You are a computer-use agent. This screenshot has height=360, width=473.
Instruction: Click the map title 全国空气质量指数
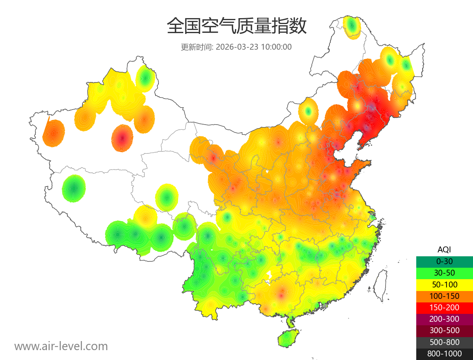(236, 26)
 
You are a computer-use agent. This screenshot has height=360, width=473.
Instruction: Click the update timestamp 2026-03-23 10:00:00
(236, 47)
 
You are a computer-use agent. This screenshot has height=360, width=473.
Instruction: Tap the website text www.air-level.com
(61, 346)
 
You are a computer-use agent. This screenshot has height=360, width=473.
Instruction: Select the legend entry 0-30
(444, 261)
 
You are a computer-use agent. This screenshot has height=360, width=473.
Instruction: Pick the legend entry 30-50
(444, 273)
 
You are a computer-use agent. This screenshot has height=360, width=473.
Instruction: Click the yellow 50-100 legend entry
(444, 284)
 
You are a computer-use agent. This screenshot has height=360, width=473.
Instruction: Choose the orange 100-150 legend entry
(444, 296)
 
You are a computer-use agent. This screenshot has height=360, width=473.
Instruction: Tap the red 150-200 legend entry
(444, 308)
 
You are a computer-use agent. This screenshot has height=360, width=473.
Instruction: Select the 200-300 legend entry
(444, 319)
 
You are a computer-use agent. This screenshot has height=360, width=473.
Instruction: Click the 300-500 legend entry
(444, 330)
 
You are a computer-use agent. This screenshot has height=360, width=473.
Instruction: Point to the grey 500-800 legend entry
(444, 342)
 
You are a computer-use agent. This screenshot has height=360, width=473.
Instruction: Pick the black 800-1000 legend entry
(444, 354)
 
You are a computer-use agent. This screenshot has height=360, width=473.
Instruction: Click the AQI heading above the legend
(444, 250)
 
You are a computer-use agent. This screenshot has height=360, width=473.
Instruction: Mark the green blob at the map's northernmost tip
(352, 27)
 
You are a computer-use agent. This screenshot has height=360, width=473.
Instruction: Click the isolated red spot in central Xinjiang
(122, 138)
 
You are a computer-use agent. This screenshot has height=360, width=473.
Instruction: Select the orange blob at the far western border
(53, 133)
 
